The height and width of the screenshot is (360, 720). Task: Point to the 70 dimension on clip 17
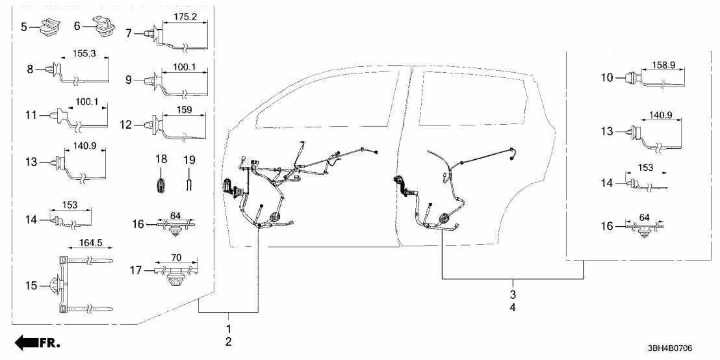(175, 257)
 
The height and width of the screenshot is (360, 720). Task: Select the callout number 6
(77, 27)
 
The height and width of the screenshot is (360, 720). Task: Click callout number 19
(189, 159)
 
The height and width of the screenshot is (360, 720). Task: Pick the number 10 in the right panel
(607, 78)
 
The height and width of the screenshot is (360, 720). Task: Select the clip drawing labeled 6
(104, 27)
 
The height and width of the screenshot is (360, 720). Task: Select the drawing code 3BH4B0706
(676, 349)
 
